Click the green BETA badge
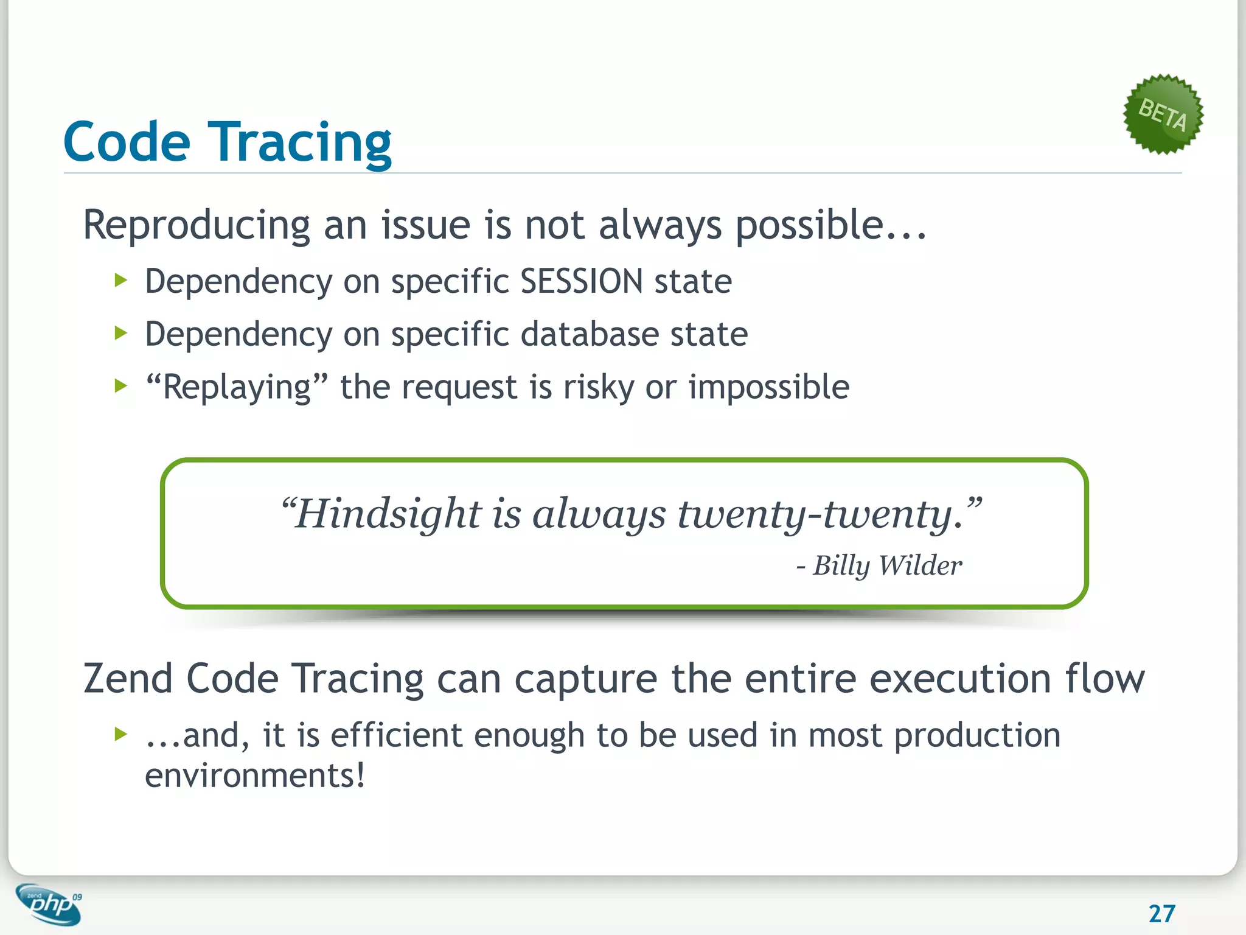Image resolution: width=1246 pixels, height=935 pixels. point(1163,114)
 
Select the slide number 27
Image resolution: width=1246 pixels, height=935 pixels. point(1161,913)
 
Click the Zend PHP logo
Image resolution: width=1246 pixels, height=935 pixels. point(49,904)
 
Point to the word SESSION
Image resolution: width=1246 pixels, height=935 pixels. point(582,282)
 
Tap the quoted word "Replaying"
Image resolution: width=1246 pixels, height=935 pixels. point(237,388)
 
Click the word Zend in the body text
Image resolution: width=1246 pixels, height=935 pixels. point(128,679)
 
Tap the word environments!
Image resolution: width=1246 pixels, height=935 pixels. point(255,776)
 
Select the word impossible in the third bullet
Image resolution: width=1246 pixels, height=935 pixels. point(768,388)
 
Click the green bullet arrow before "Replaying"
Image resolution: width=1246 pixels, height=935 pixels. point(120,386)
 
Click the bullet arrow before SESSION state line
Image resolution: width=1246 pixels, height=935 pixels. point(120,281)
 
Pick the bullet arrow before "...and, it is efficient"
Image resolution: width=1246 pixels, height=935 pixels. point(120,734)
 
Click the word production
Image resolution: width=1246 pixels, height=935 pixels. point(977,736)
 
